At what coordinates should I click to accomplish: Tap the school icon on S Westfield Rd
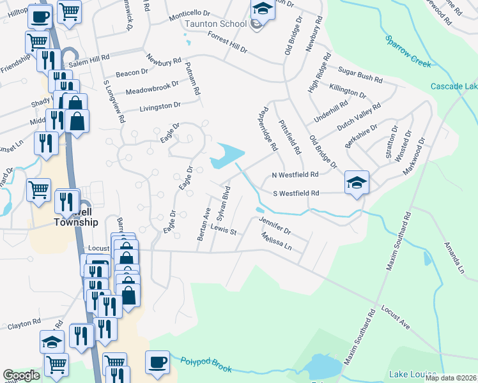click(356, 183)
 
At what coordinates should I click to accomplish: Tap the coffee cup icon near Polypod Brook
click(157, 363)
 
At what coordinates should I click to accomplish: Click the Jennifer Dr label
click(275, 225)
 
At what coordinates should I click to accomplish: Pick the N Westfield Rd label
click(295, 174)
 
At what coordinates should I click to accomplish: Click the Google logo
click(21, 375)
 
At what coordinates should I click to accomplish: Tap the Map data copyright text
click(451, 378)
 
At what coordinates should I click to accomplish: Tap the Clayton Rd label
click(24, 325)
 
